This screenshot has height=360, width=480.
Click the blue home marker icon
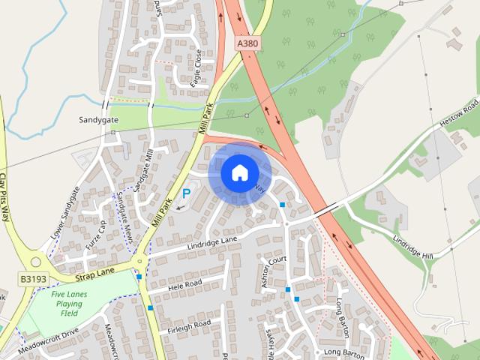coord(239,173)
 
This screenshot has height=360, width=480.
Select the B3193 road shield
coord(33,279)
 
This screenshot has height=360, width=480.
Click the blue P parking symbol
coord(187,193)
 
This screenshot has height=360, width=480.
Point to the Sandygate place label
coord(99,119)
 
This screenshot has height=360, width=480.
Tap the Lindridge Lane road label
coord(211,241)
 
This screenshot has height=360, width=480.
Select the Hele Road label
coord(184,285)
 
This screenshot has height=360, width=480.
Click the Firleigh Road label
coord(189,325)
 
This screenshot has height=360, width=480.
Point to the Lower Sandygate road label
coord(64,214)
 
